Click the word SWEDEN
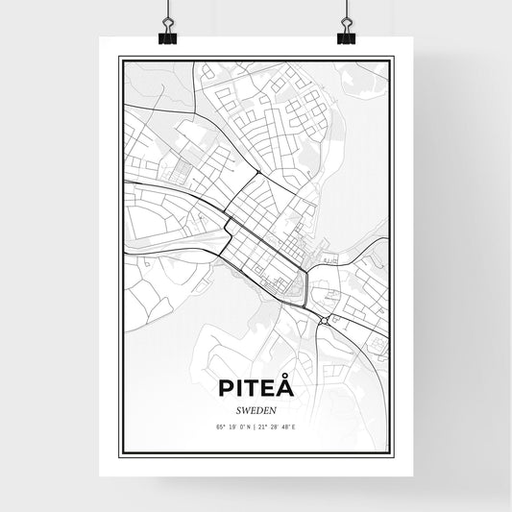click(x=255, y=409)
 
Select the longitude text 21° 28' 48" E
click(x=280, y=426)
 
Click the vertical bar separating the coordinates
click(x=256, y=426)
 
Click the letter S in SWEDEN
click(x=236, y=409)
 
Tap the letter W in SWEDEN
click(x=244, y=409)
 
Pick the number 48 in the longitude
click(x=287, y=426)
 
